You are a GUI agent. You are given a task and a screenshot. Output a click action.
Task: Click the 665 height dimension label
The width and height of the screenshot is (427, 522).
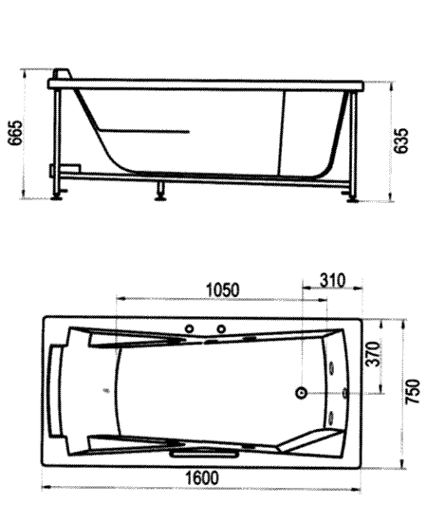click(16, 133)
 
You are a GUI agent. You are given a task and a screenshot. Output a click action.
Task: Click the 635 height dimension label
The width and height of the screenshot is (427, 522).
click(400, 140)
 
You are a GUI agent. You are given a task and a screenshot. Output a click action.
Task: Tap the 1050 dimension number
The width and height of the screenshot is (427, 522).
click(223, 290)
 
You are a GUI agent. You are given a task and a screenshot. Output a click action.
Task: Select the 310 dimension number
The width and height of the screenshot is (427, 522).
click(332, 280)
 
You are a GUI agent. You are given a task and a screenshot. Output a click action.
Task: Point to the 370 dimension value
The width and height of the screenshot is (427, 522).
click(372, 354)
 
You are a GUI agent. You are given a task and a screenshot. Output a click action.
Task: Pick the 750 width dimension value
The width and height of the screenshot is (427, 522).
click(413, 392)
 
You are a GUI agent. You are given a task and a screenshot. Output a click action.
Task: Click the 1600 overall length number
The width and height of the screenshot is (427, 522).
click(202, 477)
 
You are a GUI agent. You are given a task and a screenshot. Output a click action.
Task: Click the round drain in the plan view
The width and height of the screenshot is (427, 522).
click(302, 393)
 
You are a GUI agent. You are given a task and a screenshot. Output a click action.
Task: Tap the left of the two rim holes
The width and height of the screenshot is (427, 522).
click(190, 329)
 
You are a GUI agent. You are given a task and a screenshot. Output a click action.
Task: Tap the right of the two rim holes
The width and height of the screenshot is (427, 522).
click(221, 329)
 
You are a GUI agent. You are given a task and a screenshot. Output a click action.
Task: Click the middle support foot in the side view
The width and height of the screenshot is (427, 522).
click(161, 192)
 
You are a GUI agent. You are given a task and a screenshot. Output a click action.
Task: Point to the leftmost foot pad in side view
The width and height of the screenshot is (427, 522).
click(57, 198)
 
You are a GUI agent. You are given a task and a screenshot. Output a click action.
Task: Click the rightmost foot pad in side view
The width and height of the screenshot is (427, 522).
click(352, 200)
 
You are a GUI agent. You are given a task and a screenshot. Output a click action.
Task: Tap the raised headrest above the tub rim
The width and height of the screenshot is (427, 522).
click(63, 74)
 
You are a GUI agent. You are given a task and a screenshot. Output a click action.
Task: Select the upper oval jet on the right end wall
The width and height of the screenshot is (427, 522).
click(331, 367)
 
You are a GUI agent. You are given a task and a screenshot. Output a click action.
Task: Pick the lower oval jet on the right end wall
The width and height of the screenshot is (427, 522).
click(331, 418)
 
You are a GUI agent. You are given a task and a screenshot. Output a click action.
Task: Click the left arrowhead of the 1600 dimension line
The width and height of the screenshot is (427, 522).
click(46, 487)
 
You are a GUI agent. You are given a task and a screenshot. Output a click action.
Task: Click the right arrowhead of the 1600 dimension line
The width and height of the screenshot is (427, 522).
click(357, 490)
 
